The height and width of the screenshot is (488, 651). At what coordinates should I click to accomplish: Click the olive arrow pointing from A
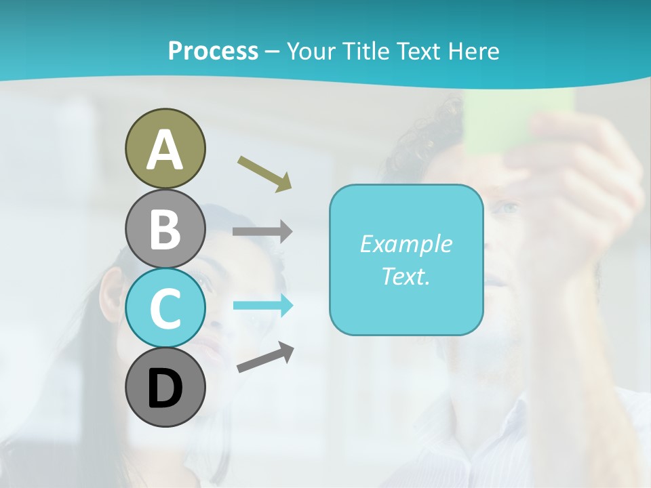[x=264, y=174]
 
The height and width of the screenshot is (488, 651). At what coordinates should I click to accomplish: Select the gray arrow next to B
[x=262, y=232]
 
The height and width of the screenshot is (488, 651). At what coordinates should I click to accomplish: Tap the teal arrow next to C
[x=263, y=306]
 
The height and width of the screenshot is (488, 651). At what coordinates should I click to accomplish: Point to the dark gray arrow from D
[x=265, y=357]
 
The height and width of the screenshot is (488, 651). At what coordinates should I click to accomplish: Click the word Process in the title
[x=213, y=52]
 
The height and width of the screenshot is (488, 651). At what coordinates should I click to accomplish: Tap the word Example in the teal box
[x=406, y=244]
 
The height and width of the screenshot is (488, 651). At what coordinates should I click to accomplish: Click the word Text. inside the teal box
[x=406, y=276]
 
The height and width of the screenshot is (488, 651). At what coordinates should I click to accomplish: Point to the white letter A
[x=165, y=150]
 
